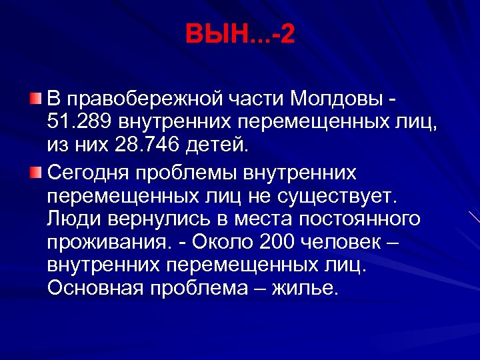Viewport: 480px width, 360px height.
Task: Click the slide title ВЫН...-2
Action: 240,33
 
